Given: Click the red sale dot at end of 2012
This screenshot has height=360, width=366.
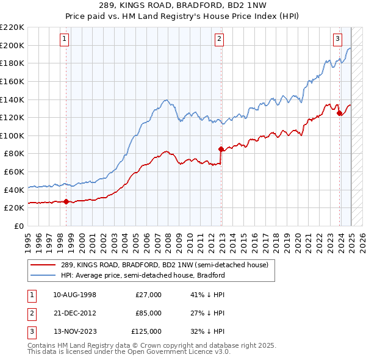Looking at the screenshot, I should (x=221, y=148).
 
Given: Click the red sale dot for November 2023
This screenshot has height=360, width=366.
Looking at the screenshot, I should (x=339, y=112).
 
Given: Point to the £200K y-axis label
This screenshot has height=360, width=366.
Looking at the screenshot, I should (x=12, y=45).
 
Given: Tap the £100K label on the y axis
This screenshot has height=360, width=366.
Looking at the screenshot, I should (x=12, y=135).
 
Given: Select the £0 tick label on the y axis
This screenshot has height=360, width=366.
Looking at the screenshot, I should (x=20, y=226).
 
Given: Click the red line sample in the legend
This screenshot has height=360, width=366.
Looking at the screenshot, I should (x=43, y=265).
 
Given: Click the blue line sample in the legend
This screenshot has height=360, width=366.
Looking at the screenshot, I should (x=43, y=275).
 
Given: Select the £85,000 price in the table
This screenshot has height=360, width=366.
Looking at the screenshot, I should (x=148, y=313).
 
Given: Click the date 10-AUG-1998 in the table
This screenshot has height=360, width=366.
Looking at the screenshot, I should (x=74, y=295).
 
